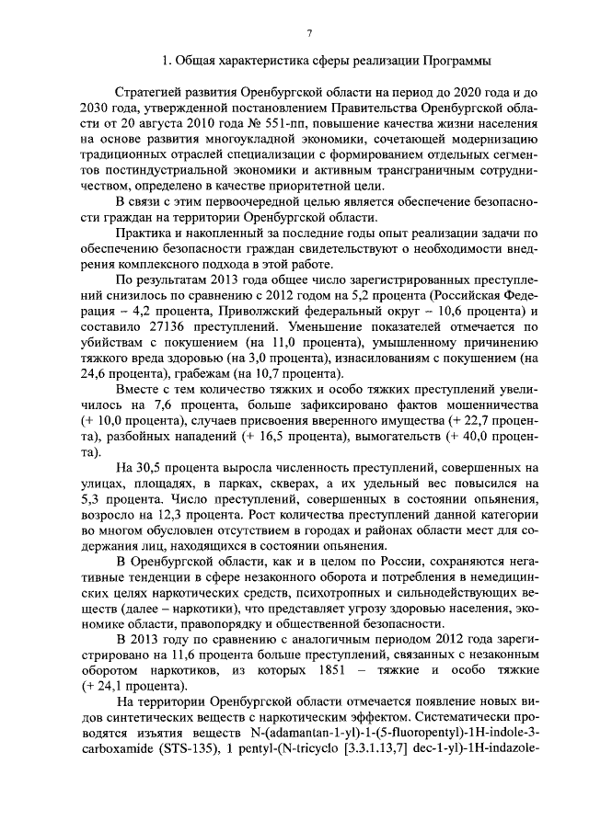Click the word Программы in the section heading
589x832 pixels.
[x=452, y=62]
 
